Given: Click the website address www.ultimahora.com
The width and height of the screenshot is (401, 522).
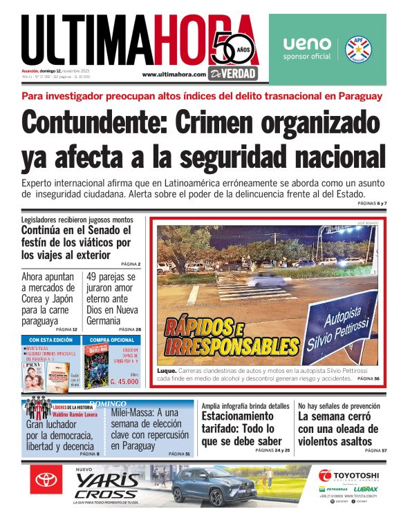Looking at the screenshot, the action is click(x=174, y=74).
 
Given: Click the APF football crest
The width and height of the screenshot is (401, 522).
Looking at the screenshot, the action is click(x=359, y=48).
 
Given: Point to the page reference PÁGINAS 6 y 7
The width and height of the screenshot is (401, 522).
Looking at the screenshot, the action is click(x=372, y=204).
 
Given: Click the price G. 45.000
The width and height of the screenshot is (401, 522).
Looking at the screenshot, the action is click(x=124, y=381).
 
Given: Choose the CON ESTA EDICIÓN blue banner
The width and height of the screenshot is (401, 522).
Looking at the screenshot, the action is click(x=51, y=340).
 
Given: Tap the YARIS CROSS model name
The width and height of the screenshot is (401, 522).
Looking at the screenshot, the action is click(x=107, y=486).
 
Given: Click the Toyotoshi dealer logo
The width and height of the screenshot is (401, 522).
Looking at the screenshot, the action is click(x=348, y=476).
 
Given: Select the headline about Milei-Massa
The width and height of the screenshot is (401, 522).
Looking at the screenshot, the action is click(x=149, y=429).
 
